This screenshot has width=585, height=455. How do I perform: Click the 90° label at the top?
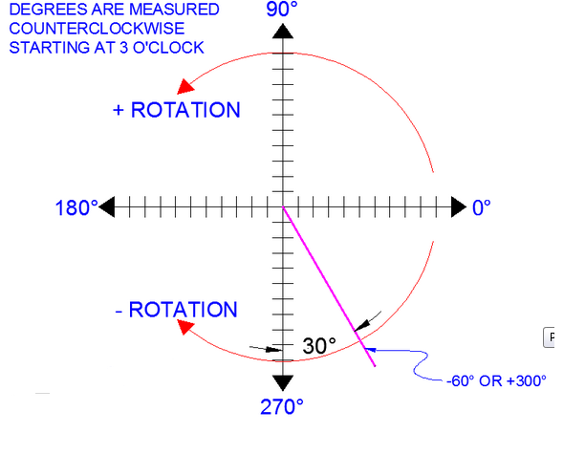[x=282, y=11]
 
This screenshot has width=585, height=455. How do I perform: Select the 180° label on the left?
[x=76, y=207]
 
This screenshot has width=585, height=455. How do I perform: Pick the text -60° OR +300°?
[x=496, y=379]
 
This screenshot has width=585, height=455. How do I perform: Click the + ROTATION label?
[x=176, y=109]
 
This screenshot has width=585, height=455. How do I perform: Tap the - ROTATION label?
[x=174, y=310]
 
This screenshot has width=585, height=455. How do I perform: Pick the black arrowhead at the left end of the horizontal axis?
[x=108, y=206]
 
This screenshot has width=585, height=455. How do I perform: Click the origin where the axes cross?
[x=282, y=206]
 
